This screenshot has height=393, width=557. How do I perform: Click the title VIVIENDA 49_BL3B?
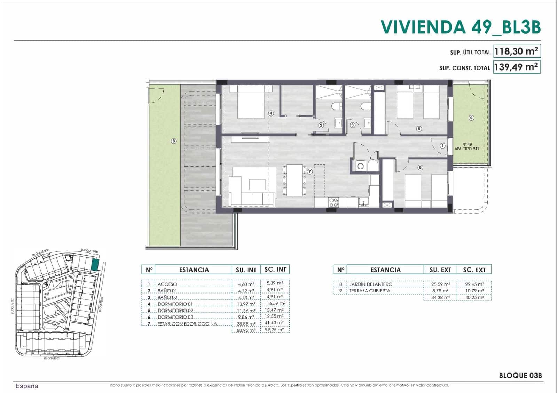[x=460, y=27]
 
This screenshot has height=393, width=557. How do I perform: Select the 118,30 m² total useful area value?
[x=517, y=51]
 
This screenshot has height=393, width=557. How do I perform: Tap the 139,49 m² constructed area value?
[x=517, y=67]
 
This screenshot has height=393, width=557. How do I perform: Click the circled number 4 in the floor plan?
[x=271, y=113]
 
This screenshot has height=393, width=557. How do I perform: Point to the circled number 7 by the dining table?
[x=310, y=171]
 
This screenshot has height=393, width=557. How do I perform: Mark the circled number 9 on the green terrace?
[x=471, y=118]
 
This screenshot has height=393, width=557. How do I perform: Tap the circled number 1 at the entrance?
[x=442, y=146]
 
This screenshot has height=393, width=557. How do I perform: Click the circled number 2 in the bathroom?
[x=321, y=125]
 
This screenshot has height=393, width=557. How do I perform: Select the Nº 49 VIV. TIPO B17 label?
[x=467, y=146]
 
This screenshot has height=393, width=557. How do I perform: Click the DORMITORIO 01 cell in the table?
[x=175, y=304]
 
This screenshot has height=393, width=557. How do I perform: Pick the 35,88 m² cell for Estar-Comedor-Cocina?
[x=246, y=324]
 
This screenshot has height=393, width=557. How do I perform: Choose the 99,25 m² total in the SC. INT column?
[x=275, y=330]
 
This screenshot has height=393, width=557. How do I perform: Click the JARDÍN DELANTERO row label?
[x=371, y=284]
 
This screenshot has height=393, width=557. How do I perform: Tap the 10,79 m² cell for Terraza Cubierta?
[x=474, y=291]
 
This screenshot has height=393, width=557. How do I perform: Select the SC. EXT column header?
[x=474, y=270]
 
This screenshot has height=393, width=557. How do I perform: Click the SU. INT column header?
[x=246, y=270]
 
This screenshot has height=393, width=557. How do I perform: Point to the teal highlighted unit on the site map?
[x=95, y=265]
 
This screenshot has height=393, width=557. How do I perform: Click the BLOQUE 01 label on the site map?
[x=52, y=358]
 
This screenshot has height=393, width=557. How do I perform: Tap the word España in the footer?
[x=27, y=386]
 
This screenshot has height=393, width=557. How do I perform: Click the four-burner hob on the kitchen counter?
[x=333, y=202]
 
